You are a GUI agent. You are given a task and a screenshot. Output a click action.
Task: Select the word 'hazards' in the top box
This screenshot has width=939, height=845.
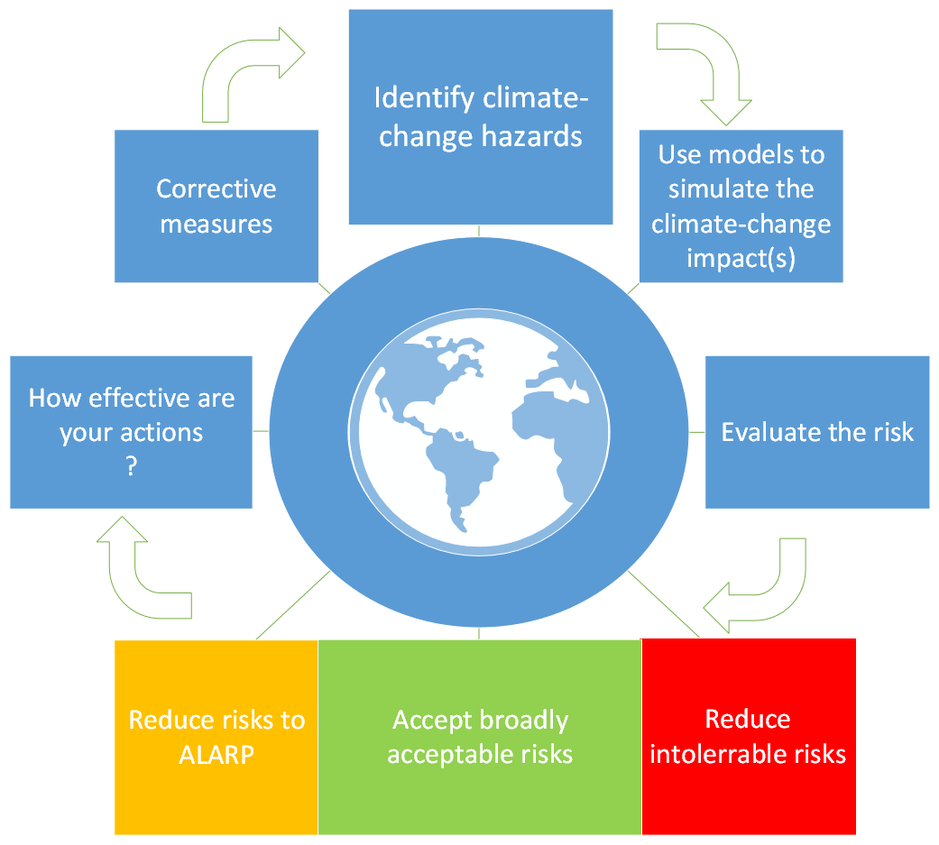(531, 136)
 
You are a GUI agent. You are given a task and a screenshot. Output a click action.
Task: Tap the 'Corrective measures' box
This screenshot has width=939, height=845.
(216, 206)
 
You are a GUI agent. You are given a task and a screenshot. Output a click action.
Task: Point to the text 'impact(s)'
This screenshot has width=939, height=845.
(741, 258)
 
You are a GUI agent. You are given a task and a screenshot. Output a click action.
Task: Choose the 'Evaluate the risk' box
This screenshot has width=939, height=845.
(817, 432)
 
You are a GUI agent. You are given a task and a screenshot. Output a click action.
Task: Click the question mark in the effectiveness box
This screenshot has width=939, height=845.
(132, 466)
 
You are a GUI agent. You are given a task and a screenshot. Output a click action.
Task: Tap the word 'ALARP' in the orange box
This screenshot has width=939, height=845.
(216, 755)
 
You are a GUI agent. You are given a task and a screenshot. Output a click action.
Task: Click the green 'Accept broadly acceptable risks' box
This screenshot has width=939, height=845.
(480, 737)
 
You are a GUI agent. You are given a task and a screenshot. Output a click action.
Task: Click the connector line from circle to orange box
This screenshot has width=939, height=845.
(293, 605)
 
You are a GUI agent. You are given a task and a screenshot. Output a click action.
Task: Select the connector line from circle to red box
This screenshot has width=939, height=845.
(664, 604)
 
